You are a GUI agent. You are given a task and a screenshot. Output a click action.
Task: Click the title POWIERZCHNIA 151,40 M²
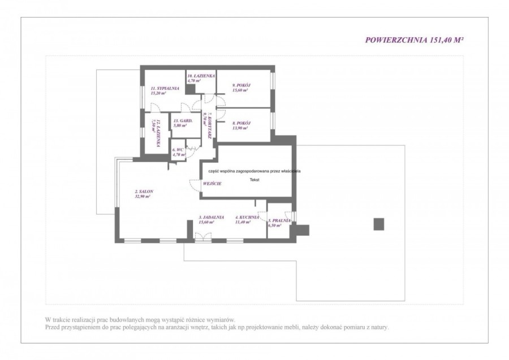click(x=416, y=40)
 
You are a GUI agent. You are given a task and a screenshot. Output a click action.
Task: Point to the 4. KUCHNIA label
click(x=244, y=217)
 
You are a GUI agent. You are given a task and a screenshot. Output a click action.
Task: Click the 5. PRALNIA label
click(x=279, y=220)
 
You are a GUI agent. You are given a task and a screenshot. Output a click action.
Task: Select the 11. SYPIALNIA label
click(x=165, y=88)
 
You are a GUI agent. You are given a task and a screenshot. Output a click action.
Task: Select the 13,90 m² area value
click(x=240, y=128)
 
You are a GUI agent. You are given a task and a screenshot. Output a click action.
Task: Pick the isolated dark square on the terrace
click(x=379, y=223)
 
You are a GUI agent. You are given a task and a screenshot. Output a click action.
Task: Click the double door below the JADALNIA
click(x=201, y=240)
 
